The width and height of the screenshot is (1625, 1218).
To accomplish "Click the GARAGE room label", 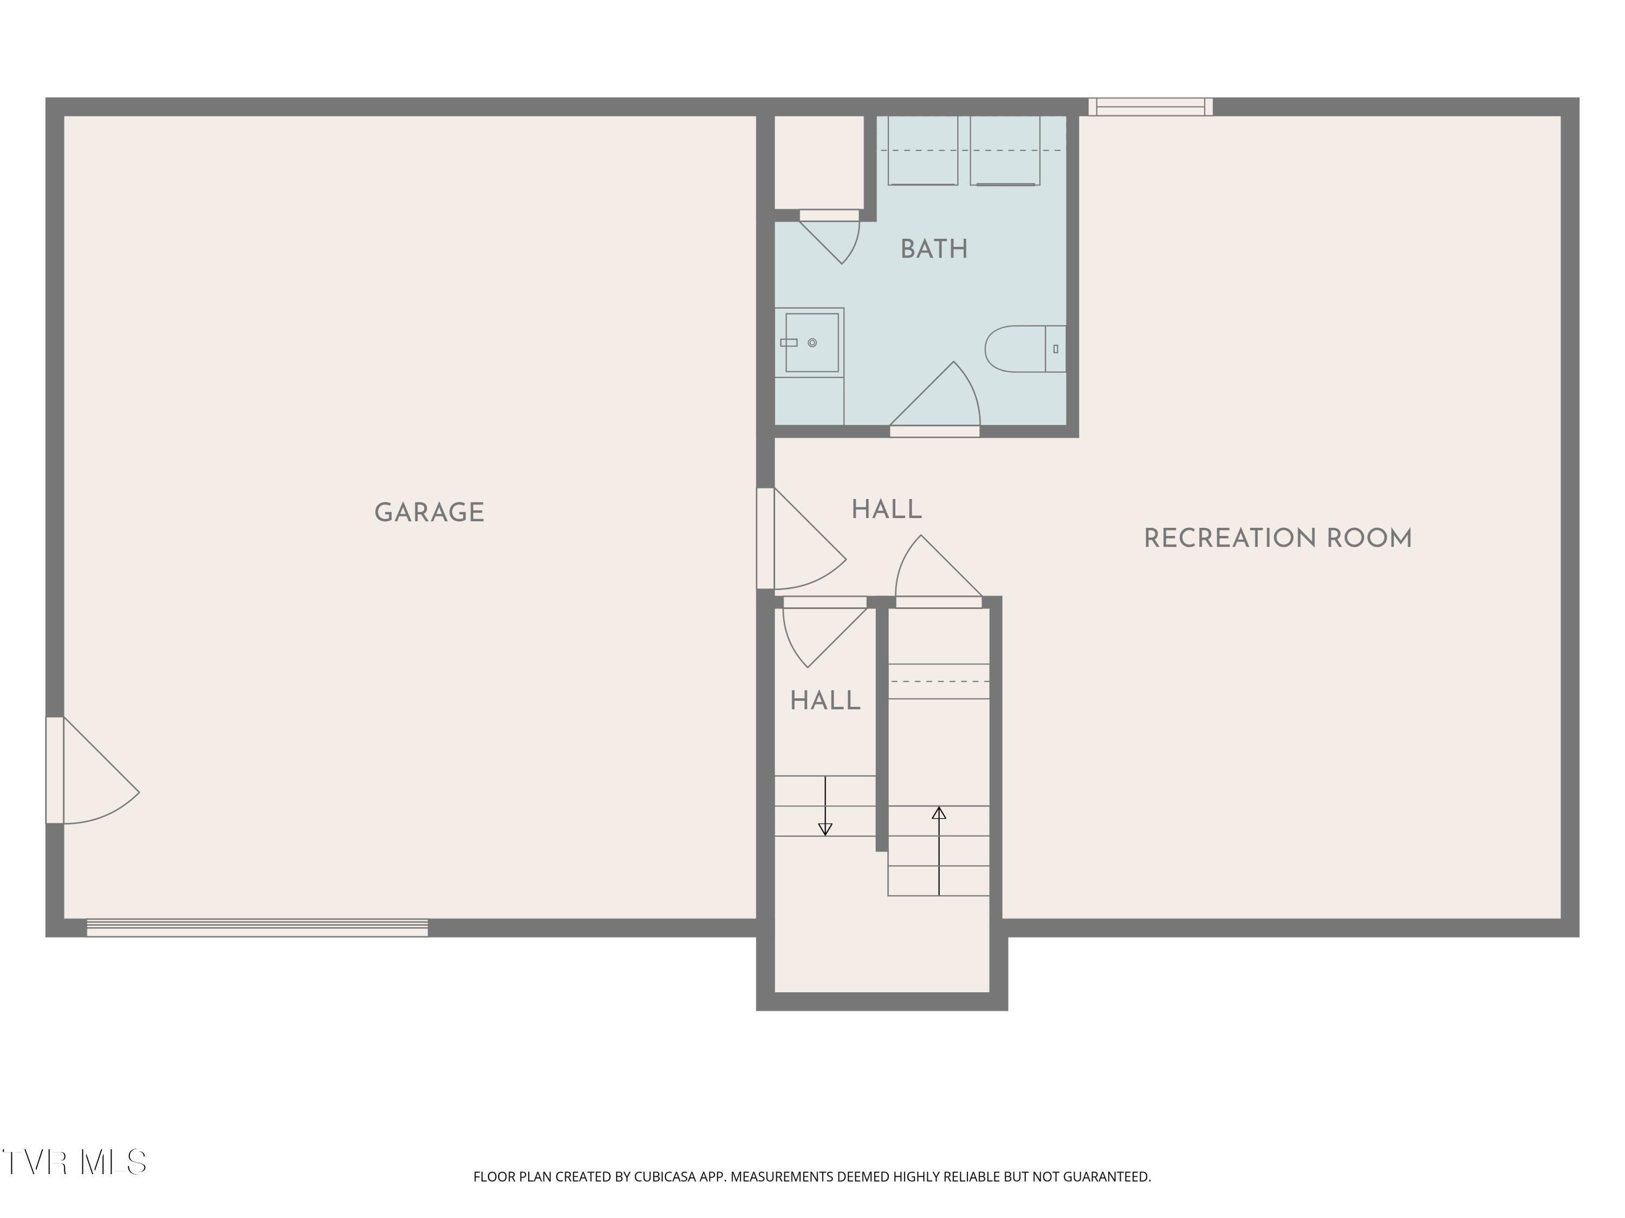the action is pos(429,513).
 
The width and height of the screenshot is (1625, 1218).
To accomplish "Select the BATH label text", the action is pos(934,250).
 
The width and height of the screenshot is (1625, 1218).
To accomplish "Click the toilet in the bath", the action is pos(1025,349).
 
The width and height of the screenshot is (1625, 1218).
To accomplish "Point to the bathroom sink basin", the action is pos(812,343).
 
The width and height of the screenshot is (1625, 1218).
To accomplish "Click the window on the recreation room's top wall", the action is pos(1150,107).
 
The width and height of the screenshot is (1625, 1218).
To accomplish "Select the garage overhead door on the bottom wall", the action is pos(257,927).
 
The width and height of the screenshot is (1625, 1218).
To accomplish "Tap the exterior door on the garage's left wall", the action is pos(93,770).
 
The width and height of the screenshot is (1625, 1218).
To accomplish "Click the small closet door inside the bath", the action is pos(829,237).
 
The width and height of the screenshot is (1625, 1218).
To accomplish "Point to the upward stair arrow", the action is pos(939,851).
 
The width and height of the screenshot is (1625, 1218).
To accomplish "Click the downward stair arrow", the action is pos(825,806).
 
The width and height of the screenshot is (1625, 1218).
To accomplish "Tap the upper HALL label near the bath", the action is pos(886,509).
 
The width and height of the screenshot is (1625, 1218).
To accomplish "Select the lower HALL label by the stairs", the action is pos(825,701).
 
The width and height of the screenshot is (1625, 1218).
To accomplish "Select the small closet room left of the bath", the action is pos(819,161).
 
